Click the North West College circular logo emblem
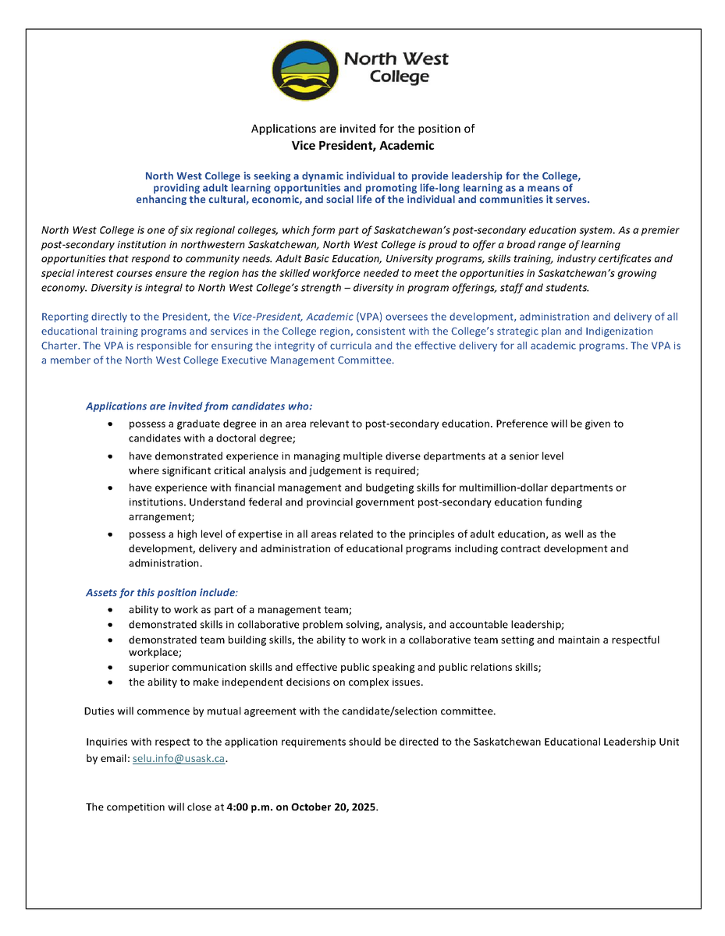point(305,69)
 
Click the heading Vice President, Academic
point(362,145)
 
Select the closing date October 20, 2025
point(334,807)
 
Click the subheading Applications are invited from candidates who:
point(199,406)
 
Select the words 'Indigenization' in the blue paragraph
point(616,331)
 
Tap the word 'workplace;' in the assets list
point(155,652)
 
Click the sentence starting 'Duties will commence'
point(290,711)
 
